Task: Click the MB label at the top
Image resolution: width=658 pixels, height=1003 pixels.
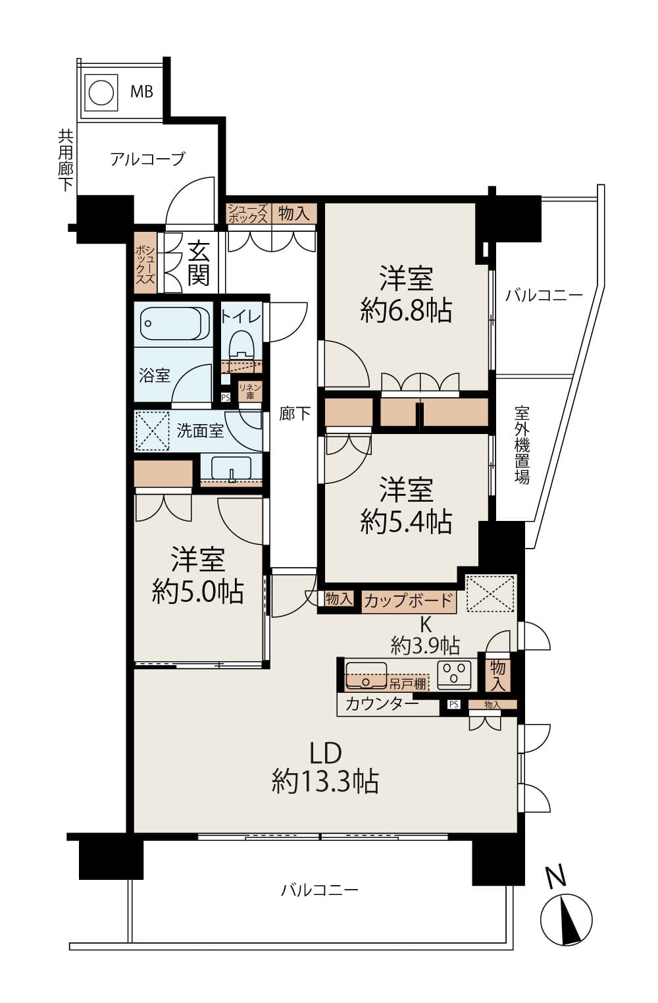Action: point(141,92)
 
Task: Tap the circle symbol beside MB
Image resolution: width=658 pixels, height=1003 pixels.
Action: point(101,93)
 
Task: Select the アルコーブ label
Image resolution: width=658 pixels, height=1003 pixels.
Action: point(147,159)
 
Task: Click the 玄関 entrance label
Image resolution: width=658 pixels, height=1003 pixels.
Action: point(198,263)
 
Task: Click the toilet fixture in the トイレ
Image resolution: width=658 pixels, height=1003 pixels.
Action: point(241,343)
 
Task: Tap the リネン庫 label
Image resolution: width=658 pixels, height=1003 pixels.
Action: point(250,392)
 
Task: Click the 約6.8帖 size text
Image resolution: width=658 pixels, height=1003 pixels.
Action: point(406,310)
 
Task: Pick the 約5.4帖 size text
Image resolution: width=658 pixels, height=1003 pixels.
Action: point(406,522)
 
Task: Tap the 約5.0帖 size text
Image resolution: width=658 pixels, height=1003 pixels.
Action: point(197,591)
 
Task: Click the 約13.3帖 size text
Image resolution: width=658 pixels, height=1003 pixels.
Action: point(325,782)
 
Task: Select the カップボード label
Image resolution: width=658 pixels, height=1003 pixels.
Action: point(408,601)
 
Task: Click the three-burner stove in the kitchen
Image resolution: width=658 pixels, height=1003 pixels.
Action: point(455,674)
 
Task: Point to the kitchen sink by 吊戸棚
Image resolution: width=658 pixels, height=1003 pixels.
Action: point(366,675)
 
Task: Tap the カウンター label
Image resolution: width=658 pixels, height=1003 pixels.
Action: point(382,704)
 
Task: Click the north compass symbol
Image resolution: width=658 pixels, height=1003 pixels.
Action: point(566,919)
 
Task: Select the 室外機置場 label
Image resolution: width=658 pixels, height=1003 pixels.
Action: point(522,446)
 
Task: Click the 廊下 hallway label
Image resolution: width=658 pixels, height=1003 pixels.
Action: point(294,414)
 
